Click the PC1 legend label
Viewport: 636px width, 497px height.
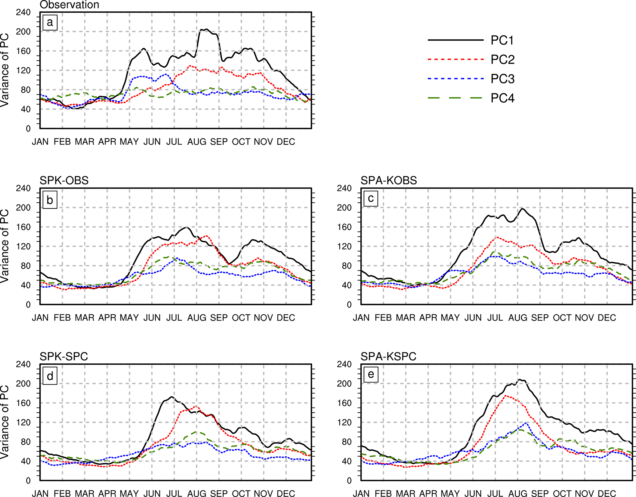pos(502,40)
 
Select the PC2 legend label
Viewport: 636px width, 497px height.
pos(502,60)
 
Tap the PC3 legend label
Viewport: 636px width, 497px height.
pos(502,79)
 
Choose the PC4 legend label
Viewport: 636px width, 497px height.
pos(502,98)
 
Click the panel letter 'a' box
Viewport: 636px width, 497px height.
pos(50,23)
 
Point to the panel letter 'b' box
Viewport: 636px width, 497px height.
pos(50,200)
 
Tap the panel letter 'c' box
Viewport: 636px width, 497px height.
pos(371,198)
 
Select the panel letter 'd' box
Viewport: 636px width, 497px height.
pos(50,376)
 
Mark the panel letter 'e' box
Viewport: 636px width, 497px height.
pos(371,374)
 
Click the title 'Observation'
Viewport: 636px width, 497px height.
pos(70,5)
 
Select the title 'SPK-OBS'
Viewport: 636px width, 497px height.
pos(64,180)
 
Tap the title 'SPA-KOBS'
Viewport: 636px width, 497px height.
pos(389,180)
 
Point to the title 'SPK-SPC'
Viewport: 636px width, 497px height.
pos(64,357)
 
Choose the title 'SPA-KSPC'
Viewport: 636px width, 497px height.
pos(388,357)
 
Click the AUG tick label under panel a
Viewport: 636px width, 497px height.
pos(197,142)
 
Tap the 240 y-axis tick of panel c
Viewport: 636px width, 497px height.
pos(344,188)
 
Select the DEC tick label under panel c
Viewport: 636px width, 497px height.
pos(607,318)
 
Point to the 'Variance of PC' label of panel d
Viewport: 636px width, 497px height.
pos(4,422)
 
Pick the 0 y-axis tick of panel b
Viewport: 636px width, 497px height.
pos(28,305)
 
